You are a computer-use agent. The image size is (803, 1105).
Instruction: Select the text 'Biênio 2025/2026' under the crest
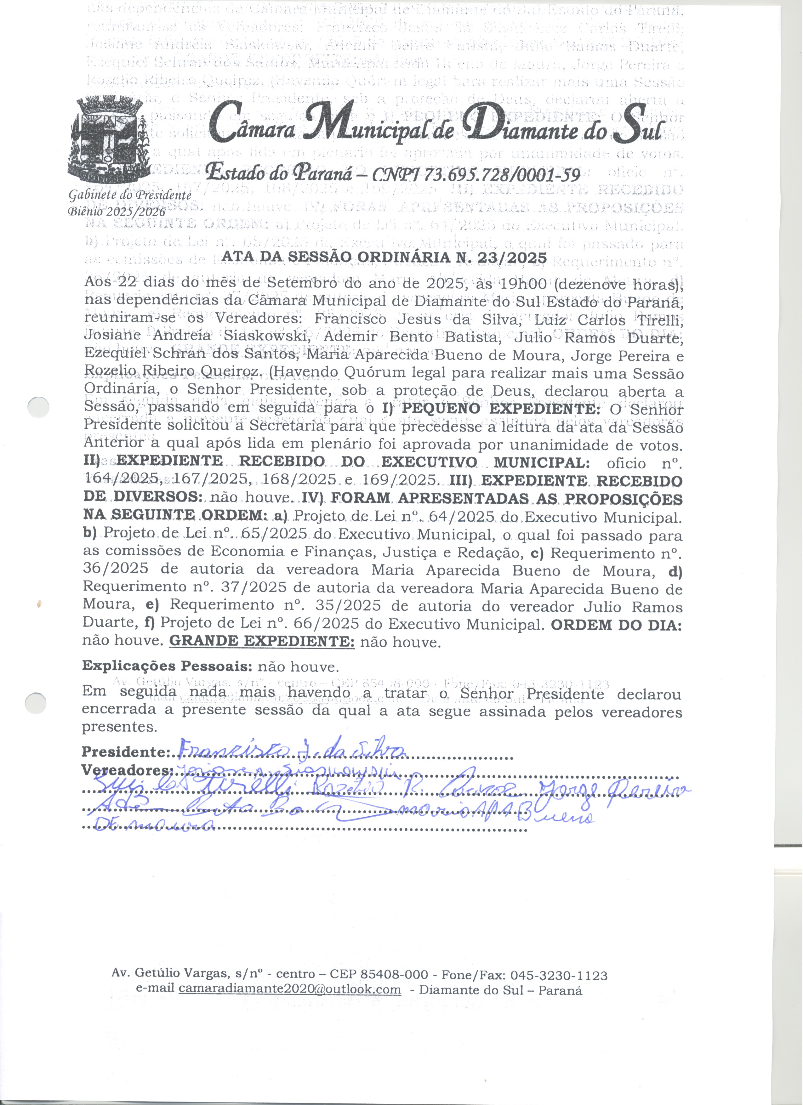[x=117, y=211]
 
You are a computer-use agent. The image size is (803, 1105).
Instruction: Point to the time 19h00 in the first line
[x=525, y=284]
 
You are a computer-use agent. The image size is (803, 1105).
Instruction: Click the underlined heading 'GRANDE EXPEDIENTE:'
[x=262, y=642]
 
